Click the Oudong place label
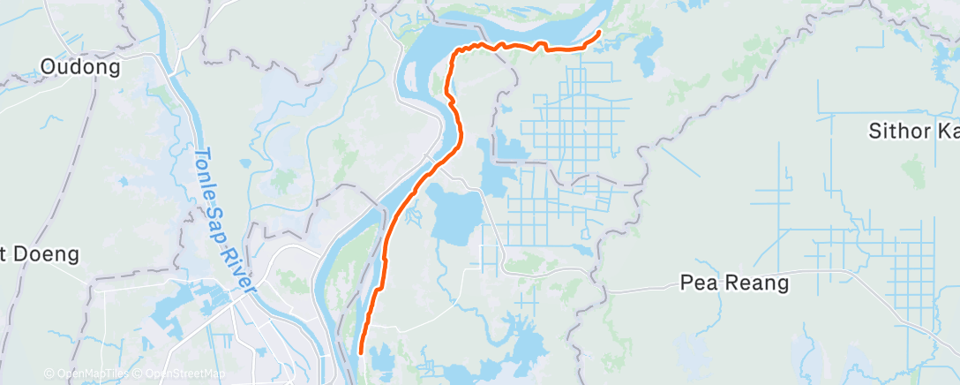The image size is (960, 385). point(80,67)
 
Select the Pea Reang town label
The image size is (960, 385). point(734,283)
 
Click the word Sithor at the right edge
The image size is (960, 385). point(899,132)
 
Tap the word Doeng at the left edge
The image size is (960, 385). point(45,255)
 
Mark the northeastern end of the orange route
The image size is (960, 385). point(599,33)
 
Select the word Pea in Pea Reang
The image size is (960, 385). point(696,283)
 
